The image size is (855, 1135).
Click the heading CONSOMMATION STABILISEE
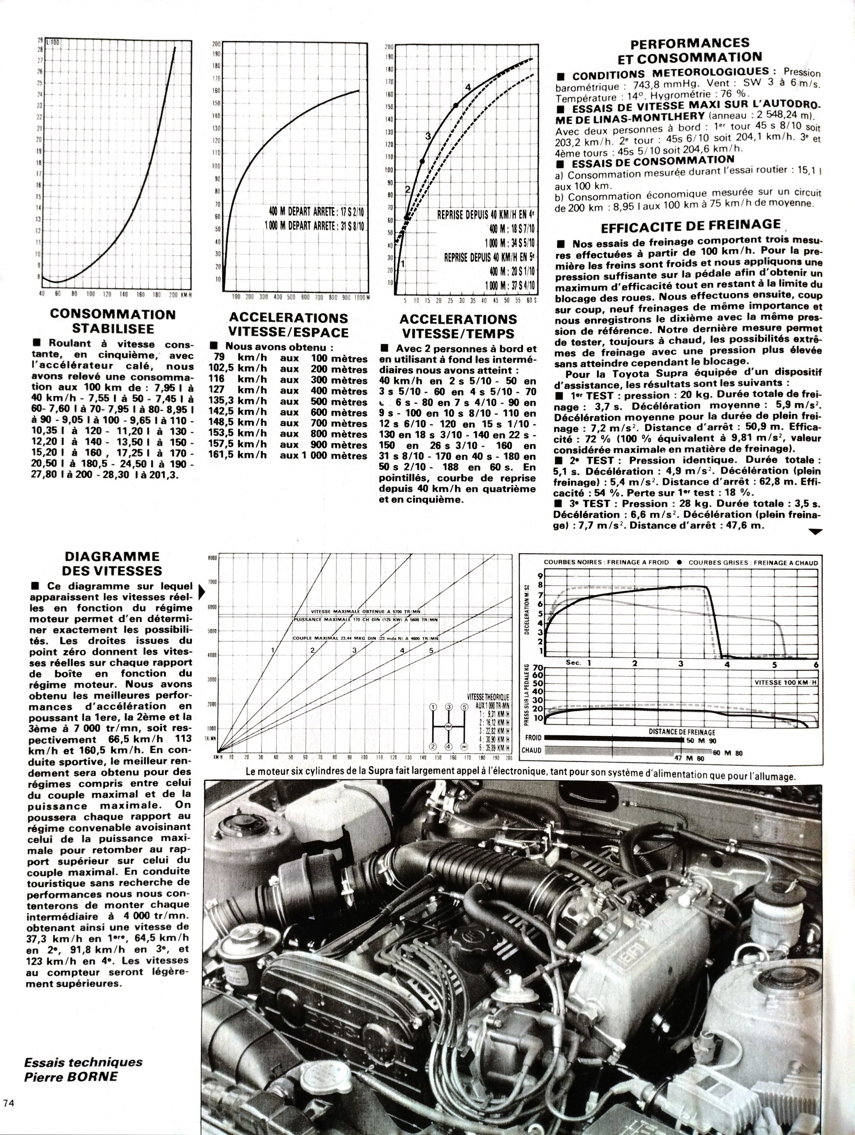click(x=112, y=321)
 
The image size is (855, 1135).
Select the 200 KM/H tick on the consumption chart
click(x=173, y=294)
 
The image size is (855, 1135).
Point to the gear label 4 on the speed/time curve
click(x=468, y=88)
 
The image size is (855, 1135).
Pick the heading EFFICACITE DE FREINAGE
click(x=691, y=226)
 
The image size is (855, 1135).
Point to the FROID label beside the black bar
click(x=532, y=738)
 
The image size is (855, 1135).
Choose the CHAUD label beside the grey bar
click(x=532, y=750)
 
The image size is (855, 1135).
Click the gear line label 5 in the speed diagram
click(x=431, y=651)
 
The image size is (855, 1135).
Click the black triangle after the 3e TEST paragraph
click(x=815, y=532)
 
